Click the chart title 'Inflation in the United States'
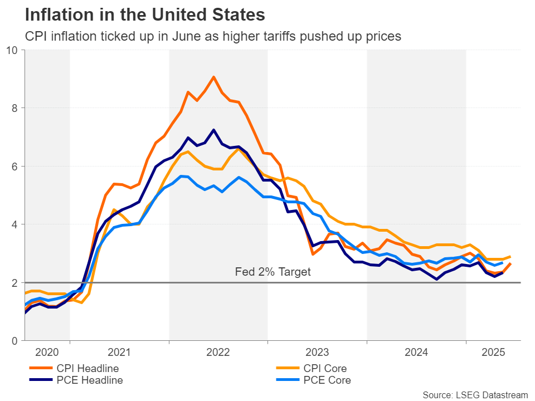137,13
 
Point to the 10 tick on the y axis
12,50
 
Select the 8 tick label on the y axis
15,108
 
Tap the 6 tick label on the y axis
15,167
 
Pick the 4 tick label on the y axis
15,224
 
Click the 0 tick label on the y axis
15,341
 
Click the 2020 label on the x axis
47,353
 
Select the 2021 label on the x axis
119,353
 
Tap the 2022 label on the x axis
218,353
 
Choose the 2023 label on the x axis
317,353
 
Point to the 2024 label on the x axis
416,353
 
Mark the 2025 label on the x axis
493,353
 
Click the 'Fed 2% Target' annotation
273,273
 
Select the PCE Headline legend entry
89,380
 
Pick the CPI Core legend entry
326,369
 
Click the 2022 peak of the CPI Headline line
213,77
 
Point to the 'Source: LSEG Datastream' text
475,395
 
